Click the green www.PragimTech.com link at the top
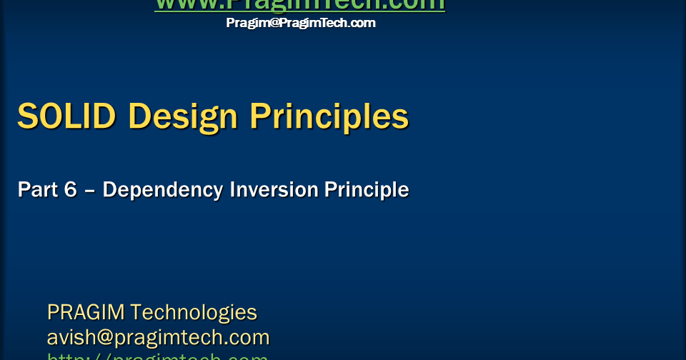(300, 5)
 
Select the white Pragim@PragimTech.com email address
(301, 23)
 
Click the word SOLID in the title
(66, 116)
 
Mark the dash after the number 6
(89, 191)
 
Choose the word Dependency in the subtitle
(162, 191)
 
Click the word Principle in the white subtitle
(367, 191)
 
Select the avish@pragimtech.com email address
(158, 337)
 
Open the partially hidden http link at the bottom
(157, 356)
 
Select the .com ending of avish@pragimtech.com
(247, 337)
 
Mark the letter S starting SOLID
(26, 116)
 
